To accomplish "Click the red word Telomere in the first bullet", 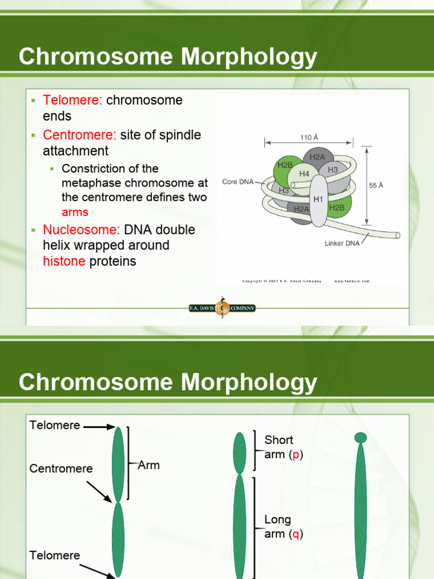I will coord(72,101).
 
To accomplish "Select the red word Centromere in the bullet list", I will coord(80,135).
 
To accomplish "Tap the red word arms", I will coord(75,212).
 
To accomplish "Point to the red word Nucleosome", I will coord(81,230).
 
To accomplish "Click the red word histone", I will coord(64,261).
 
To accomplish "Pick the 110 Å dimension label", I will coord(309,137).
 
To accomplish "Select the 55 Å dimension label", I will coord(376,185).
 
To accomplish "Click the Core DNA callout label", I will coord(237,182).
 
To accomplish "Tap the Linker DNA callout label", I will coord(342,244).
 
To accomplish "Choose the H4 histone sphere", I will coord(304,174).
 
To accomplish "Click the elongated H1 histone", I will coord(318,200).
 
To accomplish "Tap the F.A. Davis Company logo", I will coord(222,308).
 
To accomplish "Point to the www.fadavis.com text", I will coord(351,281).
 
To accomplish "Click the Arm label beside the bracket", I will coord(149,465).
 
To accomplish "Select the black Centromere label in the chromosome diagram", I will coord(61,469).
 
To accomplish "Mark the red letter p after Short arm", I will coord(295,455).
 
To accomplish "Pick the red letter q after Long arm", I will coord(295,534).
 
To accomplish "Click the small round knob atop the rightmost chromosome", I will coord(361,437).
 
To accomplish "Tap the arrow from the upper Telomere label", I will coord(99,427).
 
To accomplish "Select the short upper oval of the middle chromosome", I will coord(240,452).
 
